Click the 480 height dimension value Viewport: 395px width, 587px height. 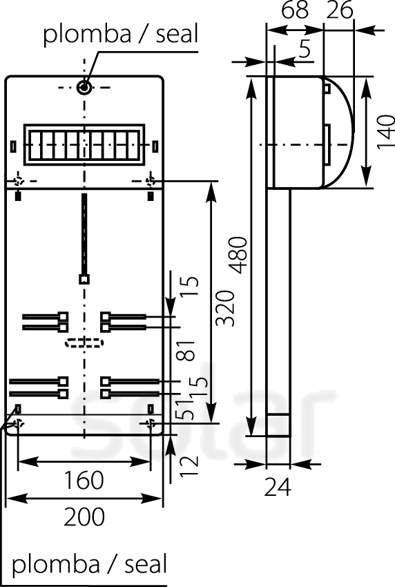[x=238, y=256]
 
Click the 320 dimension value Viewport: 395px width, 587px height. [x=225, y=308]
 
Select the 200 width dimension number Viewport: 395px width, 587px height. [x=84, y=517]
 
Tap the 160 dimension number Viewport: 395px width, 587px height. [x=84, y=481]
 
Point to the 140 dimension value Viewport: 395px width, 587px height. [x=385, y=132]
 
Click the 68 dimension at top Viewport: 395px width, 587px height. [x=295, y=10]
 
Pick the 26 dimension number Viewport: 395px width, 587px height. [x=340, y=10]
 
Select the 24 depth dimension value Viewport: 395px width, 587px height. [x=278, y=487]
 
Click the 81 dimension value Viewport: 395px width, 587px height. [x=186, y=351]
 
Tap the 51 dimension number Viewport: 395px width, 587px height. [x=186, y=410]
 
